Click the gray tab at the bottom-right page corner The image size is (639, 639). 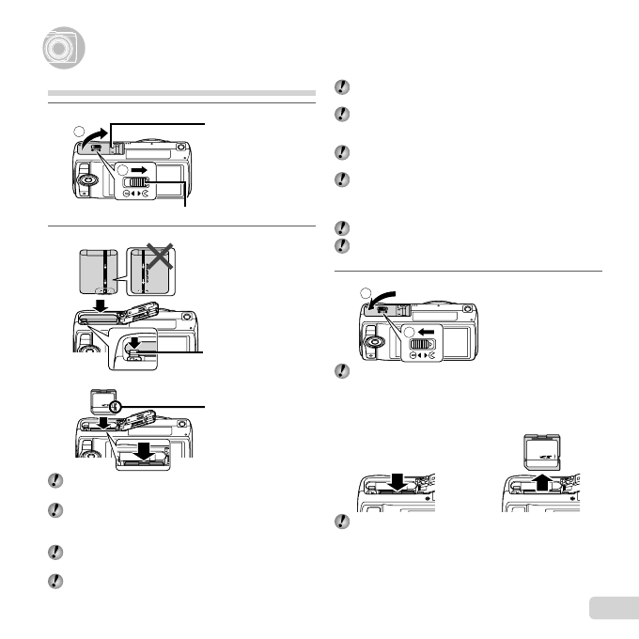coord(613,608)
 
